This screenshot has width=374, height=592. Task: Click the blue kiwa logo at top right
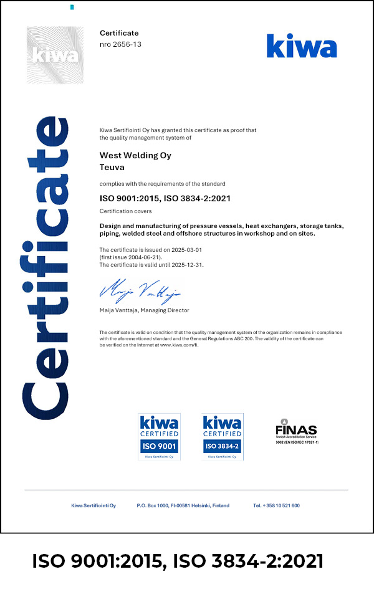tap(302, 45)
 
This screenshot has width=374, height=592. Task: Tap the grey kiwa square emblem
tap(55, 55)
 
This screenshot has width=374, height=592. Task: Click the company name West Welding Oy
tap(135, 155)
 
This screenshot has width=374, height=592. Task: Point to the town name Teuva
tap(112, 167)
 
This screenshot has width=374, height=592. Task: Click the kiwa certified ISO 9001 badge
tap(159, 436)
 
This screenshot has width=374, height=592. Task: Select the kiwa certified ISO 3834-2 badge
tap(223, 436)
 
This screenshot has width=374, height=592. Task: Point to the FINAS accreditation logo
tap(296, 431)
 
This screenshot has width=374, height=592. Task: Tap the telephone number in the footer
tap(276, 505)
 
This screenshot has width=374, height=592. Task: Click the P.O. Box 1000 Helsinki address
tap(183, 505)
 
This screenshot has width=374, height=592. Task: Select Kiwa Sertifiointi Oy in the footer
tap(93, 505)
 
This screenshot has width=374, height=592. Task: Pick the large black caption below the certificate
tap(178, 561)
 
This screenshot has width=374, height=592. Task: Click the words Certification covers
tap(122, 212)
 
